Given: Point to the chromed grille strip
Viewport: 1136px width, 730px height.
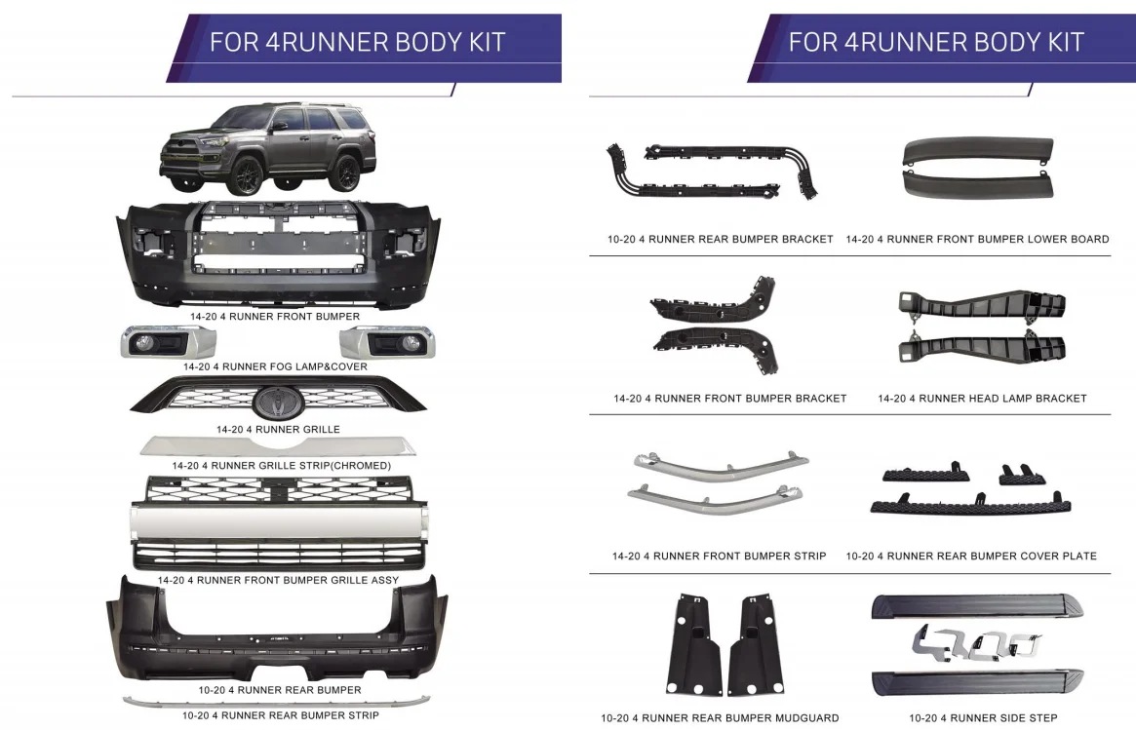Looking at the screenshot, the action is (278, 447).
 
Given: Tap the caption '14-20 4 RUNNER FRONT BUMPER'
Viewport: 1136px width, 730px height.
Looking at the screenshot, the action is (274, 317).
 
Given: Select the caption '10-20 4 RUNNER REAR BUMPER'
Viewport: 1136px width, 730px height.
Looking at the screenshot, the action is (280, 690).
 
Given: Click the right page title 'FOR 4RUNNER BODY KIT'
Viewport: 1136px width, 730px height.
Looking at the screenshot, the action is (936, 43).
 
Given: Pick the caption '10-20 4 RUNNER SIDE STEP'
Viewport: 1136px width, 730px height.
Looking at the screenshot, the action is (983, 718).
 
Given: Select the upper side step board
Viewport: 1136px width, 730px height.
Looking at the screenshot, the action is (975, 605).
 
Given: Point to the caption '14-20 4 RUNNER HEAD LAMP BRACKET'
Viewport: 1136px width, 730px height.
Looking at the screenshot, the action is (982, 399).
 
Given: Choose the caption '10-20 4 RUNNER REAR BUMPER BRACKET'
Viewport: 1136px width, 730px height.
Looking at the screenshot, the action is (721, 239).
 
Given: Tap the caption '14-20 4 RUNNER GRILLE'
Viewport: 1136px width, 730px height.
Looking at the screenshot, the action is (278, 429).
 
